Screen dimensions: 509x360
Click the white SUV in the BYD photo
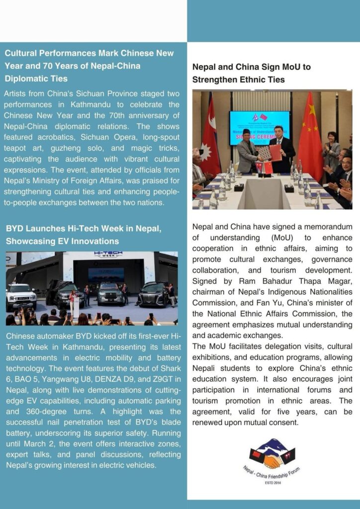pos(21,297)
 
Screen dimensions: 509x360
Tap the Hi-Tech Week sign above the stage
pos(108,255)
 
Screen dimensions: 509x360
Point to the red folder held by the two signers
pos(274,153)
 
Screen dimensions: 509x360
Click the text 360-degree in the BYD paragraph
pos(48,412)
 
